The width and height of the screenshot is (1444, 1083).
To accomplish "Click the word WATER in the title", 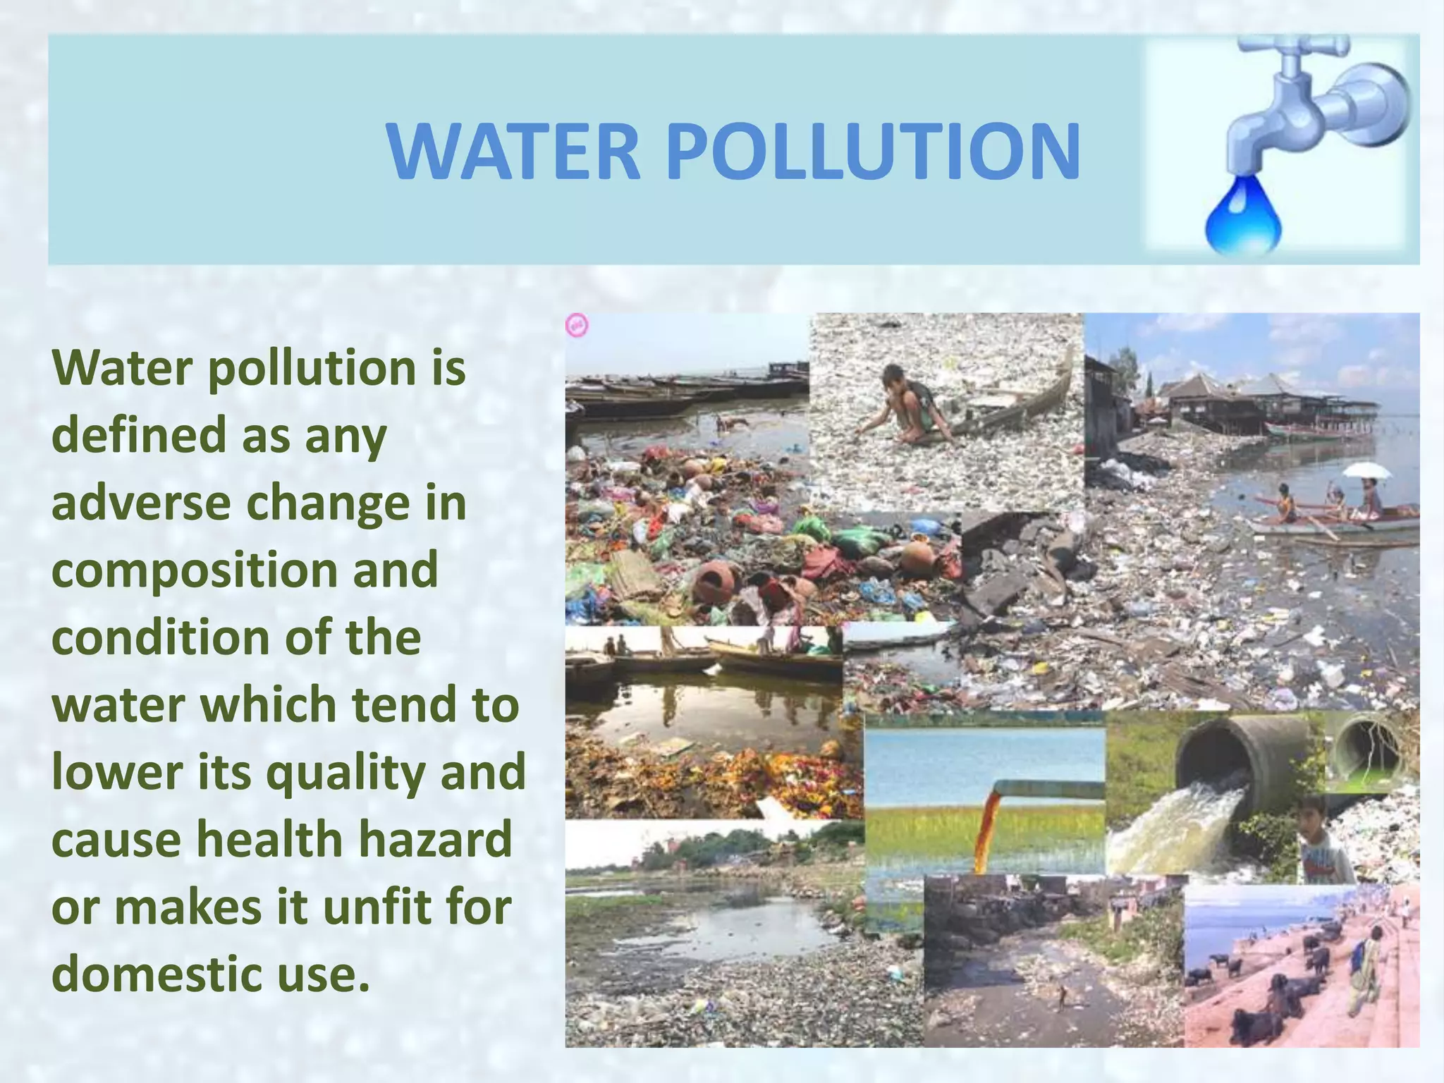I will click(x=513, y=152).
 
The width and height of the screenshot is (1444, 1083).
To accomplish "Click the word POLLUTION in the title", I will click(x=873, y=152).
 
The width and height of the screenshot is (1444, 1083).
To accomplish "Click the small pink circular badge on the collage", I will click(x=577, y=326).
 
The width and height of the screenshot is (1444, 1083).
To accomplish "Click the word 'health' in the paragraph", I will click(x=269, y=839).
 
